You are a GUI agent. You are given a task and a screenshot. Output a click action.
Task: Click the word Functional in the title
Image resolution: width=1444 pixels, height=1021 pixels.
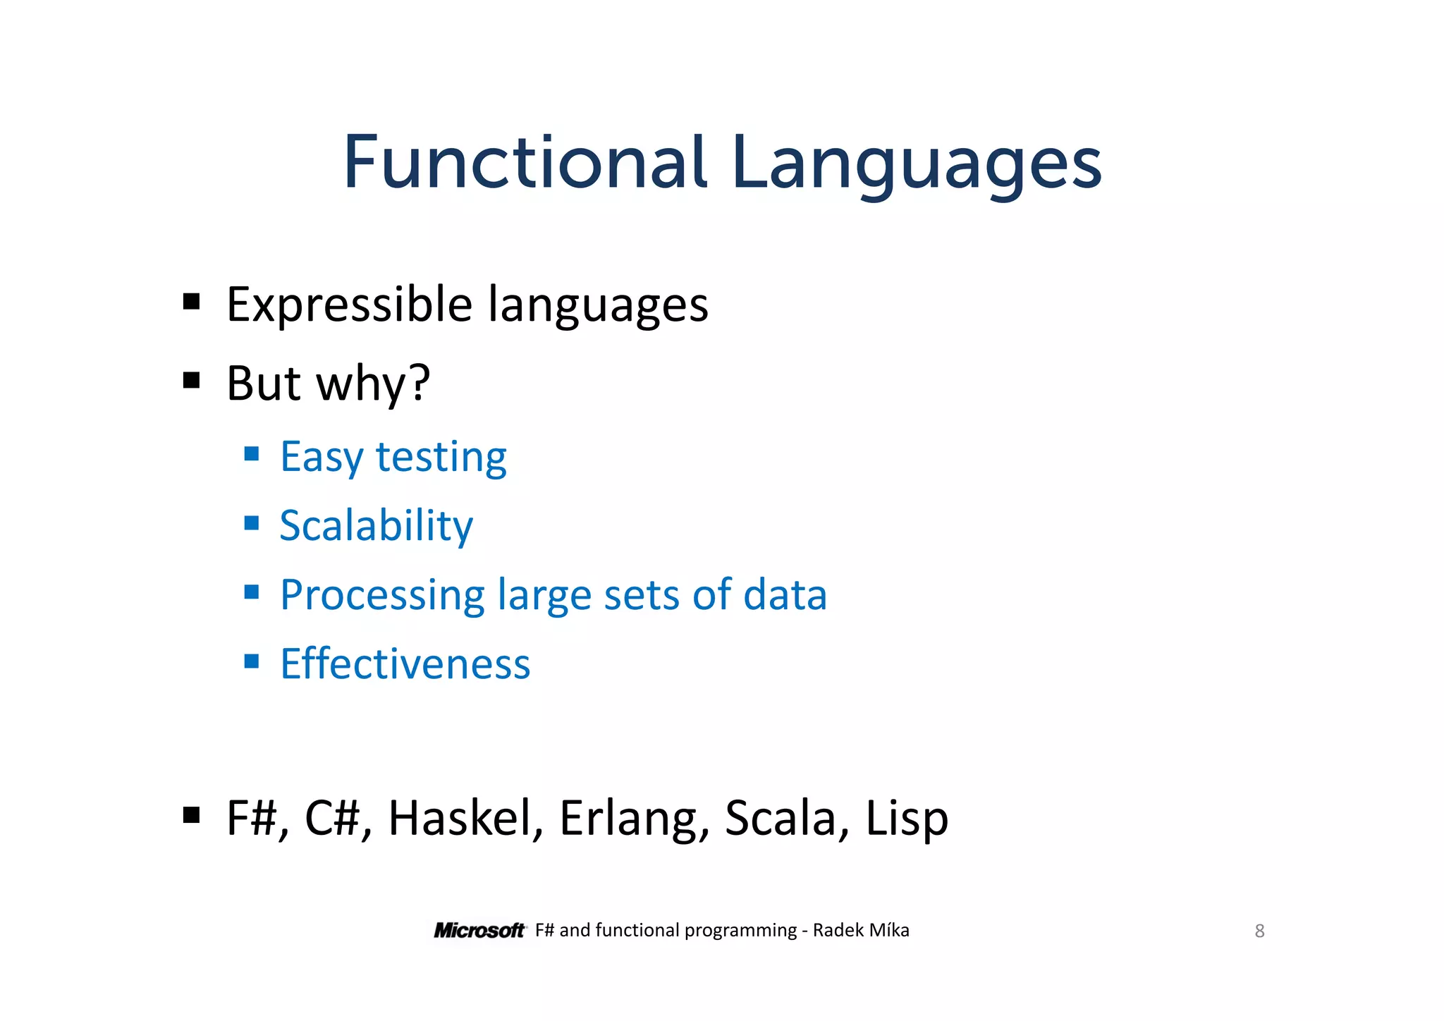tap(524, 164)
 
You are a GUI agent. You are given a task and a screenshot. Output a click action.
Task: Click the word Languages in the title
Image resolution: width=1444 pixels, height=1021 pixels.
tap(916, 166)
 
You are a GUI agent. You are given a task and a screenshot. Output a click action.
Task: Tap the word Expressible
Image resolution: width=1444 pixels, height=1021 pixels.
tap(349, 305)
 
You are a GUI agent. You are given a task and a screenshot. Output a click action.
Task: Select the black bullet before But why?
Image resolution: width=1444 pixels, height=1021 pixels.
tap(191, 381)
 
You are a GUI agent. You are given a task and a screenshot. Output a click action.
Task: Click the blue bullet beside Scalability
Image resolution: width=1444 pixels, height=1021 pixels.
tap(252, 522)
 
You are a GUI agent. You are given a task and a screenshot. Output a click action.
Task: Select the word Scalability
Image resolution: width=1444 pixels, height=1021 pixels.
tap(376, 526)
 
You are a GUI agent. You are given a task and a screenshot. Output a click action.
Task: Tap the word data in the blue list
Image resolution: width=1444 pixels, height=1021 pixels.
tap(785, 594)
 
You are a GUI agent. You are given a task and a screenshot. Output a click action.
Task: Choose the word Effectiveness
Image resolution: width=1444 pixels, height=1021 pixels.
tap(405, 664)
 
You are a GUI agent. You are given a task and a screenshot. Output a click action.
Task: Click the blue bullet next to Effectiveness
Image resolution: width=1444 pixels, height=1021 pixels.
tap(252, 661)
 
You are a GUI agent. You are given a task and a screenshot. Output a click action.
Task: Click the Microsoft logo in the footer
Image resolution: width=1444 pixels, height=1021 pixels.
tap(479, 931)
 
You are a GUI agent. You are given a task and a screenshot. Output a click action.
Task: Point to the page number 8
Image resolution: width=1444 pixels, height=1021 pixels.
tap(1259, 931)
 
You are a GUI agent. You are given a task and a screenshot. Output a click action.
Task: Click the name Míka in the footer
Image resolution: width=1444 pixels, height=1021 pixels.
tap(889, 930)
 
